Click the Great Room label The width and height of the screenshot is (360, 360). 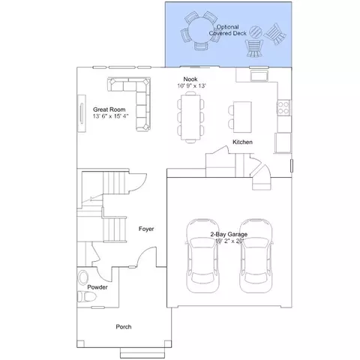(109, 109)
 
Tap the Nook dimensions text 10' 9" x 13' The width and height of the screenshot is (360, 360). (191, 85)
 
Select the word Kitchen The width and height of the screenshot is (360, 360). (242, 142)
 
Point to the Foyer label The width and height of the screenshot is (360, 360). (146, 229)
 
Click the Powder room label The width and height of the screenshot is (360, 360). (97, 287)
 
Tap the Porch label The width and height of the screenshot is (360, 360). (124, 327)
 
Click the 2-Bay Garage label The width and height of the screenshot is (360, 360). (229, 234)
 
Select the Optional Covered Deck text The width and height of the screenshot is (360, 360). (228, 30)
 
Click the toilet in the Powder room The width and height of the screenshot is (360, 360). (86, 297)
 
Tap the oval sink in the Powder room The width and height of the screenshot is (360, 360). (83, 277)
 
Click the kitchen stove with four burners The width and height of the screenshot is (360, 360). (283, 107)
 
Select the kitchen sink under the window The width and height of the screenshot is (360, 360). (259, 76)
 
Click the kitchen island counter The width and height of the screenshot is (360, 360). (242, 117)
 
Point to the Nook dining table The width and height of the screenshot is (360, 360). (190, 117)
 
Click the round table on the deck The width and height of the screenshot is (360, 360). (201, 30)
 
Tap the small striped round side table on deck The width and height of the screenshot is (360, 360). (256, 32)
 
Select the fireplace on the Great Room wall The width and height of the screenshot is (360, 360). (82, 113)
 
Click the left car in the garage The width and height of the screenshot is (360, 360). (202, 256)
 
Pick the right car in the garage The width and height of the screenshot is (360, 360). (256, 256)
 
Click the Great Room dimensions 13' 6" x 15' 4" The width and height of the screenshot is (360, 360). (110, 116)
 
